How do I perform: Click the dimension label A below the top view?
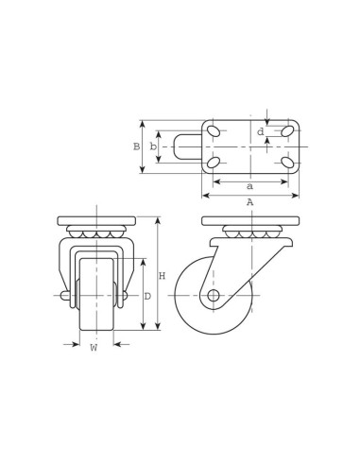click(249, 202)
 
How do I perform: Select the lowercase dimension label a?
click(249, 186)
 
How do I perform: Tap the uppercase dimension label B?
click(136, 146)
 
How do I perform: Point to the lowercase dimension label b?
click(153, 146)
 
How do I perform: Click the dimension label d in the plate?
click(261, 131)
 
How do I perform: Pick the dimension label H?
click(162, 276)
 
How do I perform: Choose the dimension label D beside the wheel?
click(147, 296)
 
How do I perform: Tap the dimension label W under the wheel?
click(94, 348)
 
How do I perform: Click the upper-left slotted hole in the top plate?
click(214, 131)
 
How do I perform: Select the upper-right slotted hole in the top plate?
click(287, 131)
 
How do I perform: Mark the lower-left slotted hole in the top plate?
click(214, 163)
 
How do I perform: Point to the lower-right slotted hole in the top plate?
click(287, 163)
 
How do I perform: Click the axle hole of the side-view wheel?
click(214, 296)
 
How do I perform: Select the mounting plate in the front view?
click(96, 220)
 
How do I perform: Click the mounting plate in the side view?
click(249, 220)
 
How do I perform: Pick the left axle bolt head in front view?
click(65, 296)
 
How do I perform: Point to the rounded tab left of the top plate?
click(185, 146)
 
